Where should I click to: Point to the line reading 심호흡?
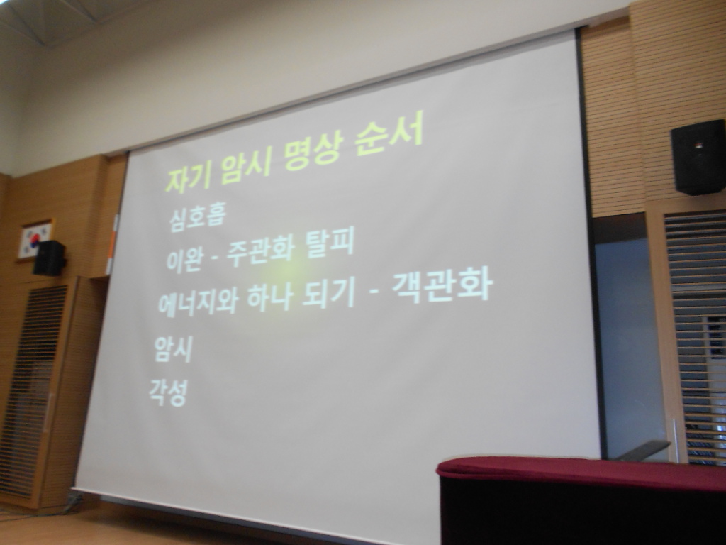[x=197, y=217]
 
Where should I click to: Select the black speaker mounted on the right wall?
[x=698, y=157]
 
